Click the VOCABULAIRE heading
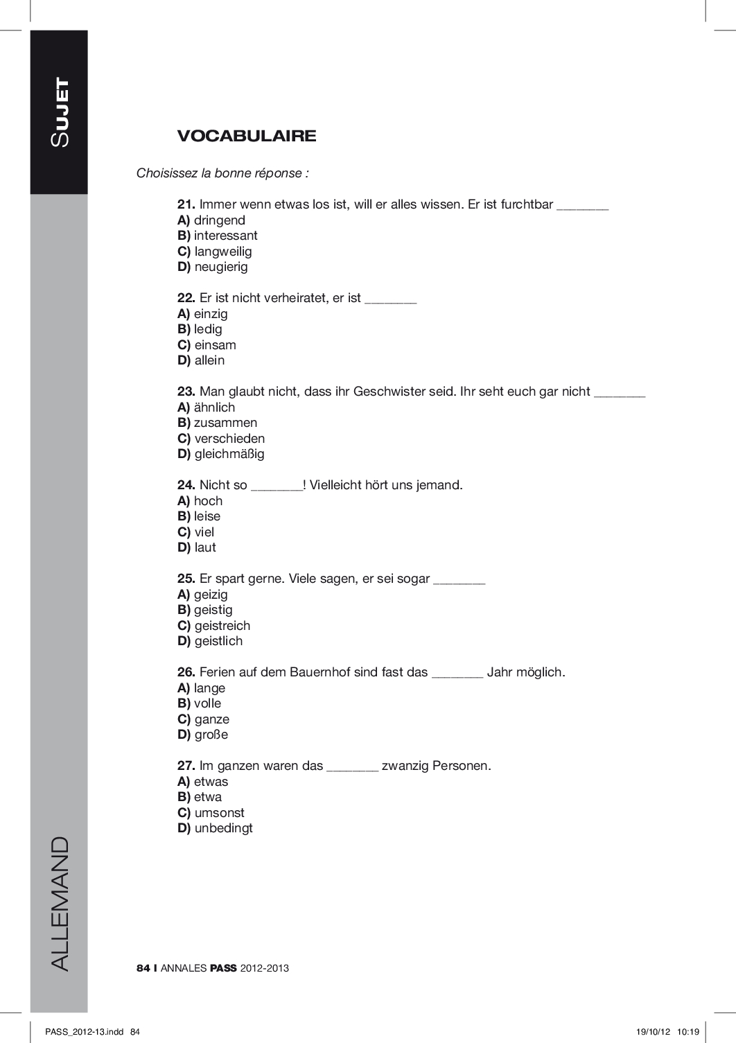pyautogui.click(x=247, y=136)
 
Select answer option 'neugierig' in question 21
pyautogui.click(x=221, y=267)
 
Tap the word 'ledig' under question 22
pyautogui.click(x=208, y=329)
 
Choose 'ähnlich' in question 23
pyautogui.click(x=214, y=407)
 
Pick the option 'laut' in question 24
pyautogui.click(x=205, y=547)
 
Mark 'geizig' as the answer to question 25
pyautogui.click(x=211, y=595)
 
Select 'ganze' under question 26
pyautogui.click(x=211, y=719)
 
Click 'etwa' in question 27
pyautogui.click(x=208, y=797)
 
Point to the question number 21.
pyautogui.click(x=186, y=204)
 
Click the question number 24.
pyautogui.click(x=186, y=485)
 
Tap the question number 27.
pyautogui.click(x=186, y=766)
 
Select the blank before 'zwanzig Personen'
pyautogui.click(x=352, y=768)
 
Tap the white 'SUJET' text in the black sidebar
pyautogui.click(x=60, y=112)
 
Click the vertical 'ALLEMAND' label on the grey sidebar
pyautogui.click(x=60, y=903)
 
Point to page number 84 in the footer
pyautogui.click(x=143, y=968)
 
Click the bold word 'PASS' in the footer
pyautogui.click(x=223, y=968)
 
